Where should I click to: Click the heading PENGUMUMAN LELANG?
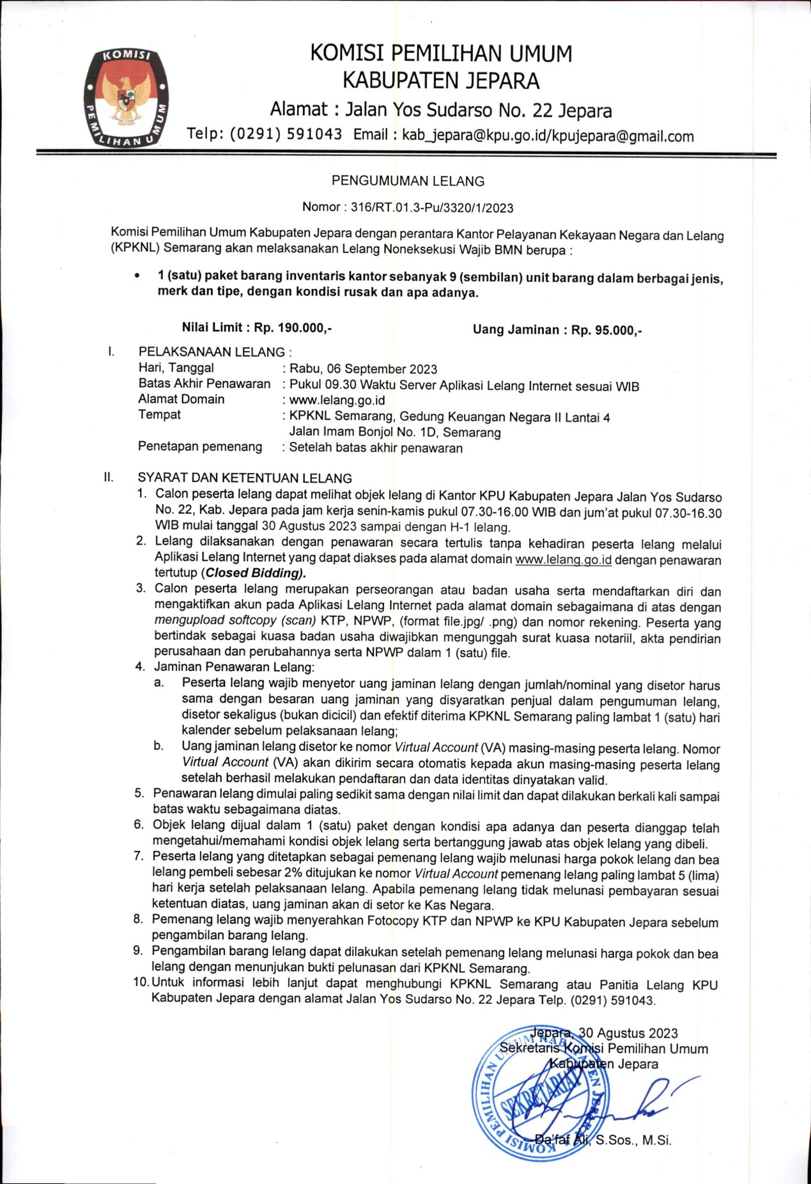point(408,181)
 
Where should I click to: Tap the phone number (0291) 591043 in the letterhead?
point(286,134)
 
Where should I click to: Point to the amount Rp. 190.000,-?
point(293,328)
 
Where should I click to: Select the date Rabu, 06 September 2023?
point(364,369)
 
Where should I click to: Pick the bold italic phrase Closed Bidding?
point(254,573)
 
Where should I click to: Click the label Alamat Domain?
point(182,399)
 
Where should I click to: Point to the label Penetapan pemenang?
point(200,446)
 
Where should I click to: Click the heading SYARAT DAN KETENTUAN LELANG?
point(245,478)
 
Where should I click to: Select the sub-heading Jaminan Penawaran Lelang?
point(235,667)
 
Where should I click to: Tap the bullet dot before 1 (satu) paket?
point(136,276)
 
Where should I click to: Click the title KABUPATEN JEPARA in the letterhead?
point(441,81)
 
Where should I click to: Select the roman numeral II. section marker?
point(109,477)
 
